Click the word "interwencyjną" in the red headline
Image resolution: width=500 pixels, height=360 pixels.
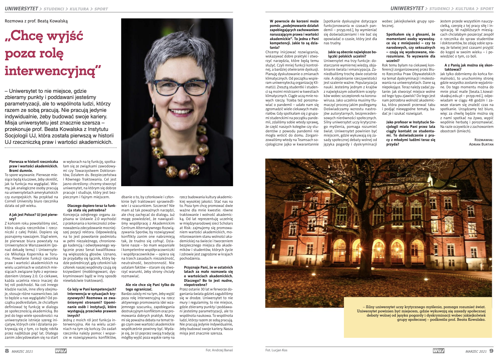53,71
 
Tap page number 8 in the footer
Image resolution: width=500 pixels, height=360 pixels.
7,351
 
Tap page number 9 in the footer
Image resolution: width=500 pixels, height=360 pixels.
491,351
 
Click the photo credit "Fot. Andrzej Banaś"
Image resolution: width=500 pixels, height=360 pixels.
219,350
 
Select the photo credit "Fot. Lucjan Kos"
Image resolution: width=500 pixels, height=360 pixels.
276,350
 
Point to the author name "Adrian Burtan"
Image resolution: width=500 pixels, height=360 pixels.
481,144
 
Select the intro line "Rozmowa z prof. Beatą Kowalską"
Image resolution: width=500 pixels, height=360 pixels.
36,21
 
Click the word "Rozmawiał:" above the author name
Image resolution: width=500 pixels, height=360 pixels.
484,140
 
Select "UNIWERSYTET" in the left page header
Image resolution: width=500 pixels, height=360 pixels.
21,9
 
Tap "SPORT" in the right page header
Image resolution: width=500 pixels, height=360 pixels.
487,9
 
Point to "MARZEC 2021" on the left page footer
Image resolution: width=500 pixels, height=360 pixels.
22,351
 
